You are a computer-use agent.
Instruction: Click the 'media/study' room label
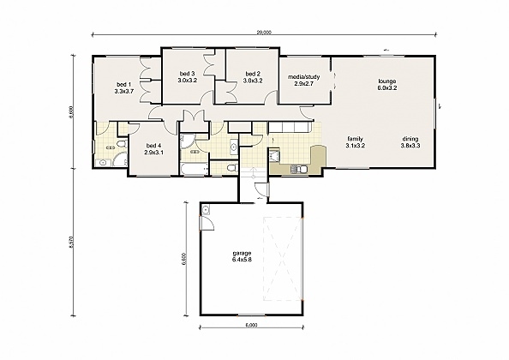(x=304, y=76)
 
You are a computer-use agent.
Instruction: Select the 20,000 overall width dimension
(x=264, y=33)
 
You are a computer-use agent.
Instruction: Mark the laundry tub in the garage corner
(x=207, y=210)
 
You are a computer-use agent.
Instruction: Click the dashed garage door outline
(x=283, y=257)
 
